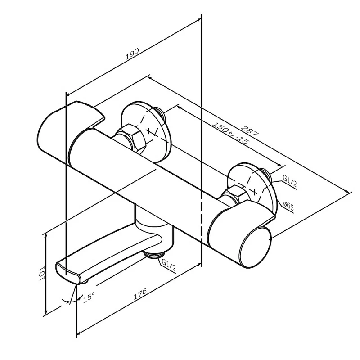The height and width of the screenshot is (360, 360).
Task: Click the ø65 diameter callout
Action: [288, 207]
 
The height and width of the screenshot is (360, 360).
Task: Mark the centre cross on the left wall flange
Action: [150, 132]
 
